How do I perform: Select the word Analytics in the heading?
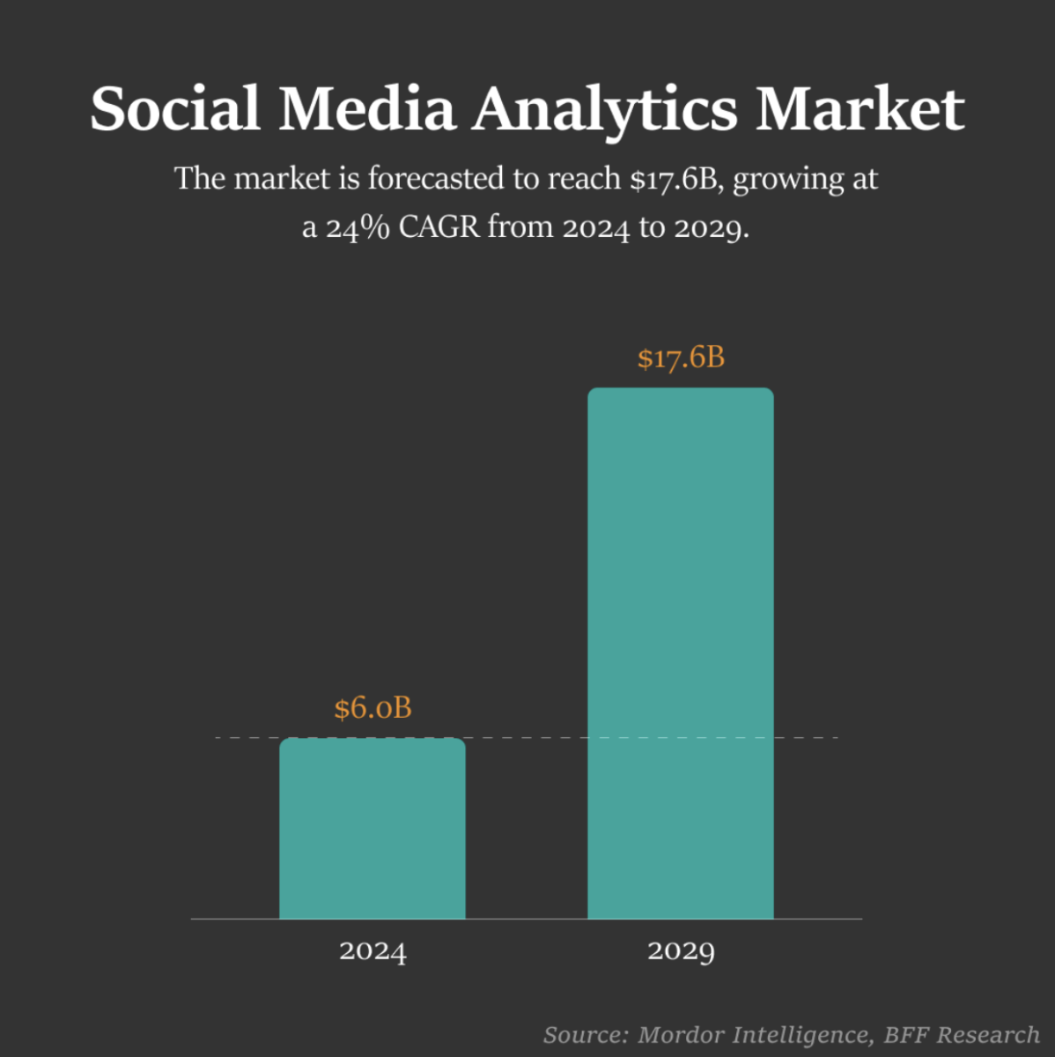tap(605, 111)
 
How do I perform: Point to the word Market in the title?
tap(859, 109)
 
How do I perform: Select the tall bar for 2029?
tap(680, 653)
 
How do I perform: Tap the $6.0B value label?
tap(373, 708)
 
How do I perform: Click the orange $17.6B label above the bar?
tap(681, 358)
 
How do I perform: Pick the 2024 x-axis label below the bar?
tap(373, 951)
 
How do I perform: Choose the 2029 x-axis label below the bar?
tap(681, 951)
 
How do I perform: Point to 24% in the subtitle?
tap(358, 227)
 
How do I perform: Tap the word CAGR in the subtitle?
tap(439, 227)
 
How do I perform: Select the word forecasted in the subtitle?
tap(436, 179)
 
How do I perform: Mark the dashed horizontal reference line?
tap(528, 737)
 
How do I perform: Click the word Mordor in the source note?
tap(680, 1035)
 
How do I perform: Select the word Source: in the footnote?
tap(586, 1035)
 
